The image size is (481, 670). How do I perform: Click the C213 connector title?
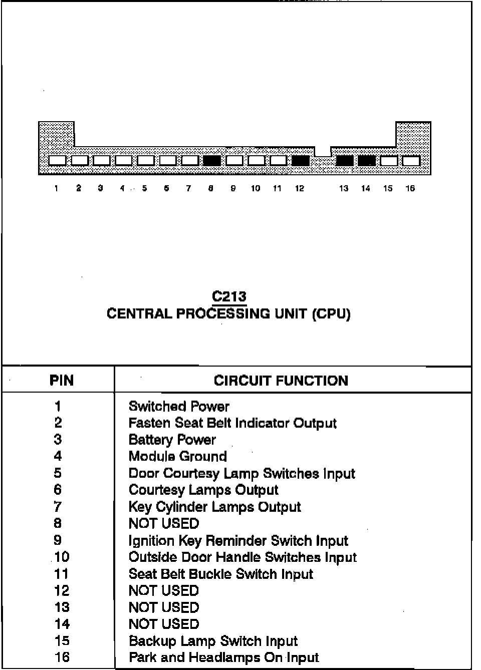pos(229,296)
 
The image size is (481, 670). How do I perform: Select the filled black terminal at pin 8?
pos(212,161)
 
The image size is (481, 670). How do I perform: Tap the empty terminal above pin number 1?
pos(57,161)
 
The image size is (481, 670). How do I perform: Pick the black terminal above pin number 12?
pos(300,161)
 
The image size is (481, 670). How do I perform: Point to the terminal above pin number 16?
pos(411,161)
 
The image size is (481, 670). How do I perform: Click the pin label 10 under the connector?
pos(256,188)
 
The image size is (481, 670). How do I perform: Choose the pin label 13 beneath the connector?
pos(343,188)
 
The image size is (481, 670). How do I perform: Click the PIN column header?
pos(62,381)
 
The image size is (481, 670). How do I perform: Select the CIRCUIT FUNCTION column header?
pos(281,381)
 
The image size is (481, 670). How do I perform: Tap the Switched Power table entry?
pos(179,406)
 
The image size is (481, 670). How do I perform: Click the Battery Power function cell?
pos(172,440)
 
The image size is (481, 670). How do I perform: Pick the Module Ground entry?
pos(177,456)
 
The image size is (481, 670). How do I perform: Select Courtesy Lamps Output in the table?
pos(203,490)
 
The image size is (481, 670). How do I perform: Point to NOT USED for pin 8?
pos(164,523)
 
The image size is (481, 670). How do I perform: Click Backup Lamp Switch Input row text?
pos(213,641)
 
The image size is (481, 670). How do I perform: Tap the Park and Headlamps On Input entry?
pos(223,657)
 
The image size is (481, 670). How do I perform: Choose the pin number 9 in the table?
pos(58,540)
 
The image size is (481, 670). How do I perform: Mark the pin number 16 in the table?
pos(62,657)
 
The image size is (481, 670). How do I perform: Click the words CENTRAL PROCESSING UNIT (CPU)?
pos(228,314)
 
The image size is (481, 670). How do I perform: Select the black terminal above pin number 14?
pos(367,161)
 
